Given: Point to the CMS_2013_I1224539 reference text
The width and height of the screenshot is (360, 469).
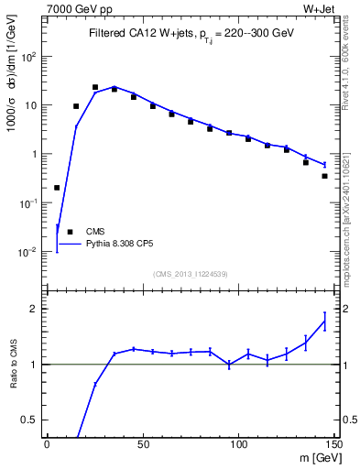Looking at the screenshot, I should [190, 273].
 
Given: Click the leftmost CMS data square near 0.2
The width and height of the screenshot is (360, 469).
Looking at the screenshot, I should [57, 188].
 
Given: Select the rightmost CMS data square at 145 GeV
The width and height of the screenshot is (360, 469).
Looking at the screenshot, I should [324, 176].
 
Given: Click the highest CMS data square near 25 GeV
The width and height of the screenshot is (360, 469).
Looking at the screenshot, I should [95, 87].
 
